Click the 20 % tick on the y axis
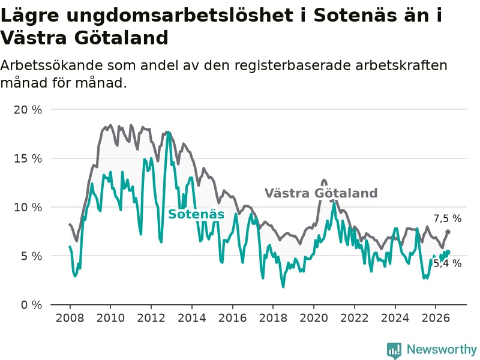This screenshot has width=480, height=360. click(x=28, y=110)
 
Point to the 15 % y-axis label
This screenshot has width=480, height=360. click(x=28, y=158)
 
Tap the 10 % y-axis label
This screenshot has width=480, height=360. click(x=28, y=207)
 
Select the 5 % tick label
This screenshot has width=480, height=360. click(x=31, y=256)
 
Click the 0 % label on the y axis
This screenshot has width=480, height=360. click(x=31, y=305)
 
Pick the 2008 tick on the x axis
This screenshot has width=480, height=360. click(x=70, y=318)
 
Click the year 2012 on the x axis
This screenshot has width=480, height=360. click(x=151, y=318)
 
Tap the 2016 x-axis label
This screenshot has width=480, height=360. click(x=232, y=318)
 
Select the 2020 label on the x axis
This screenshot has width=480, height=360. click(x=314, y=318)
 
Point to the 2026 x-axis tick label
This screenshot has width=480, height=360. click(x=436, y=318)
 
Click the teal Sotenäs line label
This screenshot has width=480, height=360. click(x=196, y=214)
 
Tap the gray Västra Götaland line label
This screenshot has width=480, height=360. click(x=321, y=193)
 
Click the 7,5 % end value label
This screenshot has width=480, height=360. click(x=447, y=218)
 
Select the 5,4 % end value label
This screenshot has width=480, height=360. click(x=447, y=263)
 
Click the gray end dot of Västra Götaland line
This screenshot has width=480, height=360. click(x=448, y=232)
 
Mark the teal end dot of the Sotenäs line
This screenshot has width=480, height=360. click(x=448, y=252)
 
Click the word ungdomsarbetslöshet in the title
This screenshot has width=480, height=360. click(x=179, y=16)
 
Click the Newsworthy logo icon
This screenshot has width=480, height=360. click(x=394, y=350)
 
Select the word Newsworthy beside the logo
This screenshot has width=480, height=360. click(x=442, y=349)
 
